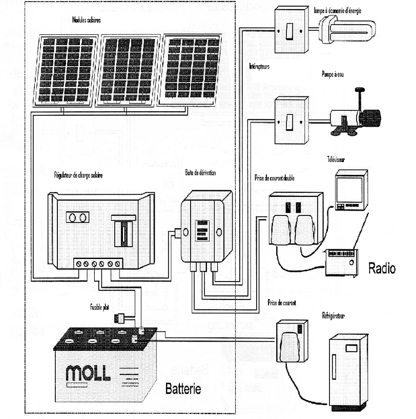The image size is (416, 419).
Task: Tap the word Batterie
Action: click(183, 389)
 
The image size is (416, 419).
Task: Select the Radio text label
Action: click(382, 268)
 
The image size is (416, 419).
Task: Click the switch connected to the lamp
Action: click(291, 30)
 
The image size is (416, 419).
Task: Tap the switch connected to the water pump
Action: click(291, 122)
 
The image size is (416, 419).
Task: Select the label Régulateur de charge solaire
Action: click(78, 175)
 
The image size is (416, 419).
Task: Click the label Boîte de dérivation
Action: click(200, 173)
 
